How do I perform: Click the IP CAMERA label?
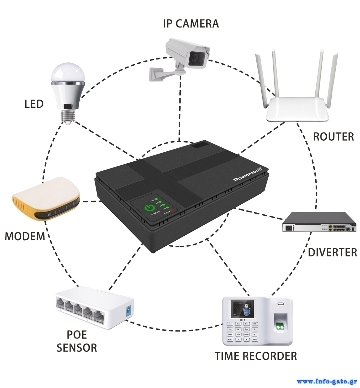[191, 24]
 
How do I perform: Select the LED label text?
[34, 104]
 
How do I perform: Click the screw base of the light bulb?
[68, 115]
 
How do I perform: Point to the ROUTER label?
[333, 136]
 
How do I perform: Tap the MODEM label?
[25, 236]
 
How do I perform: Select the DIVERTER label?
[332, 252]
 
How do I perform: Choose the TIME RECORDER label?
[256, 356]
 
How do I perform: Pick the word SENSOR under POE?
[77, 348]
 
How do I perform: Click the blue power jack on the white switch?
[129, 311]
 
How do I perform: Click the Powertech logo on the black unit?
[250, 174]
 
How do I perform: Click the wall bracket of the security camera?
[159, 74]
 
